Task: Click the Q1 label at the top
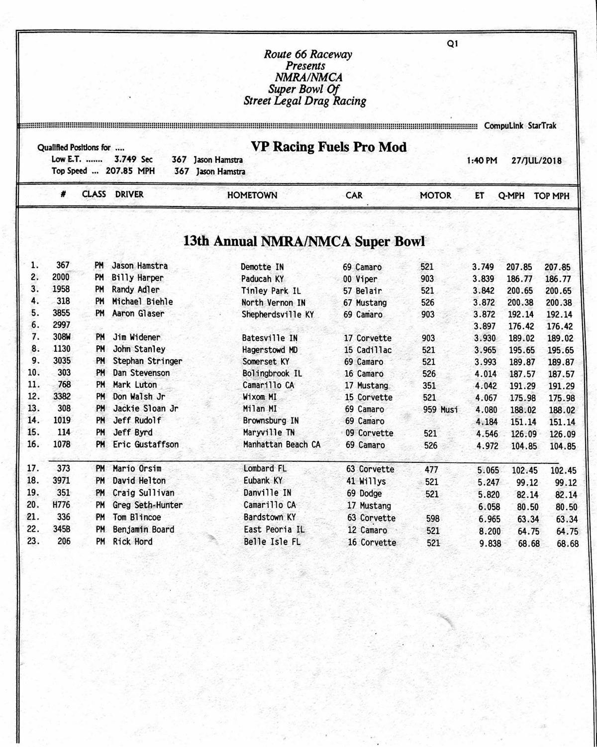pos(452,44)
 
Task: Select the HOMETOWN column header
pos(252,196)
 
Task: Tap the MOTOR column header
pos(435,196)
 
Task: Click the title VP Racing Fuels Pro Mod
pos(328,147)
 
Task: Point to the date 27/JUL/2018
pos(536,160)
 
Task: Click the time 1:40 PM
pos(482,160)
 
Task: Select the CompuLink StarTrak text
pos(520,126)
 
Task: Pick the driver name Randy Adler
pos(135,290)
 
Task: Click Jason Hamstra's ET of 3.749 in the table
pos(483,267)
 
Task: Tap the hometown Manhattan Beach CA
pos(282,444)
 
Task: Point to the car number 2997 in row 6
pos(61,325)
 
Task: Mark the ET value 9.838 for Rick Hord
pos(490,543)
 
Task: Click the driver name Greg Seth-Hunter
pos(147,505)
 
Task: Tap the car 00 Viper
pos(360,279)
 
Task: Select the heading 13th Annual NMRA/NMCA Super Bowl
pos(304,241)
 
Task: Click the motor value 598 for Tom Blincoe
pos(432,519)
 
